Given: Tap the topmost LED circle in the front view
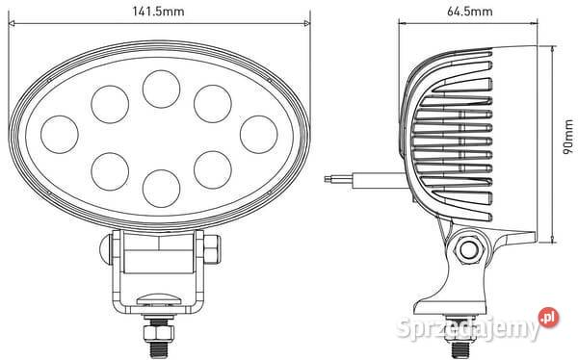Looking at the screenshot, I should tap(160, 88).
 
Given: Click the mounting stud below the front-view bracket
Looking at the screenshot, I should tap(157, 331).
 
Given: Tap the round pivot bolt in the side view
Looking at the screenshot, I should tap(469, 250).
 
